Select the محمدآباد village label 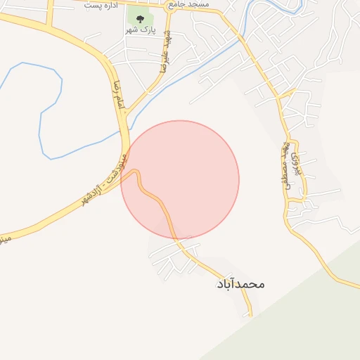pos(240,284)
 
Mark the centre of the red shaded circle pos(180,179)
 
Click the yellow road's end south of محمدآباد pos(250,314)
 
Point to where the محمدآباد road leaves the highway pos(135,172)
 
